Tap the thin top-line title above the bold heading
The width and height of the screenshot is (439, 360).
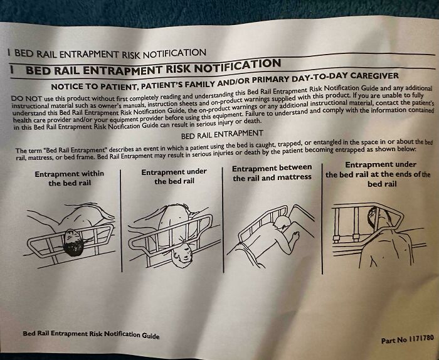(x=107, y=53)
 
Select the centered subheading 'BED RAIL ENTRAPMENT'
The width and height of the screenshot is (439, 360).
(x=221, y=135)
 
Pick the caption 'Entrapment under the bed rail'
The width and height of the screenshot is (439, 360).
(x=174, y=176)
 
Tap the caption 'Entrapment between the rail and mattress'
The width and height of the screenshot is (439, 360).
(x=272, y=172)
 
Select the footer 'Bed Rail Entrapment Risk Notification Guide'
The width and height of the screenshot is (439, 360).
(x=91, y=334)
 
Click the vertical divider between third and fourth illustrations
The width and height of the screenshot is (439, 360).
(x=322, y=220)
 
